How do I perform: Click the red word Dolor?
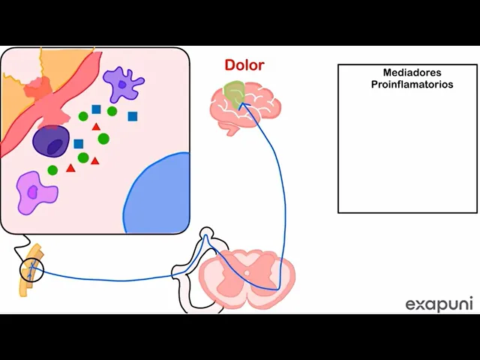(244, 65)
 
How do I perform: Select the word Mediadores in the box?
(412, 73)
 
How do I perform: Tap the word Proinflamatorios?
(412, 85)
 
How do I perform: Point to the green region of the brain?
(234, 92)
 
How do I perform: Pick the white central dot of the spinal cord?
(247, 273)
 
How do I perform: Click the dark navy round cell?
(51, 141)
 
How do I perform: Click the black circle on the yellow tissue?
(32, 270)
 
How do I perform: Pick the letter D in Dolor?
(229, 65)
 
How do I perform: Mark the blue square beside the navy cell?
(78, 144)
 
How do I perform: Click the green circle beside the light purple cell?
(52, 170)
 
